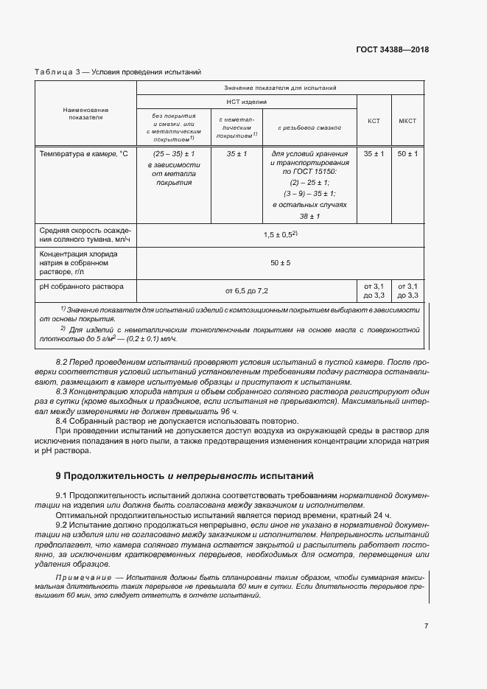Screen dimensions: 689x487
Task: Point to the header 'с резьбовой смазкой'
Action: (x=309, y=127)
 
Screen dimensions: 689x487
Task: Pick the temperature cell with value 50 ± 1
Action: (x=407, y=153)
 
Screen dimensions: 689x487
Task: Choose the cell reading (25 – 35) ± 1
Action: (x=174, y=153)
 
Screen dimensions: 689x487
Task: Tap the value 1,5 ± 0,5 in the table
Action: (x=280, y=234)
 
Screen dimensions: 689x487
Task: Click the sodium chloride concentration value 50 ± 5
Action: (x=280, y=262)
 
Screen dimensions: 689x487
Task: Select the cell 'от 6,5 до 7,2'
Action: (x=246, y=291)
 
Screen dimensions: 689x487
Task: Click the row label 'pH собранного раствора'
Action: (x=82, y=286)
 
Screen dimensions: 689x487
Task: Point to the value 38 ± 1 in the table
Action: (x=309, y=215)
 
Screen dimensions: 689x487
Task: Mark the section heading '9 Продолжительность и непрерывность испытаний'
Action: (x=184, y=476)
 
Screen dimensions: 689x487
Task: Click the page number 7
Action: (x=426, y=626)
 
